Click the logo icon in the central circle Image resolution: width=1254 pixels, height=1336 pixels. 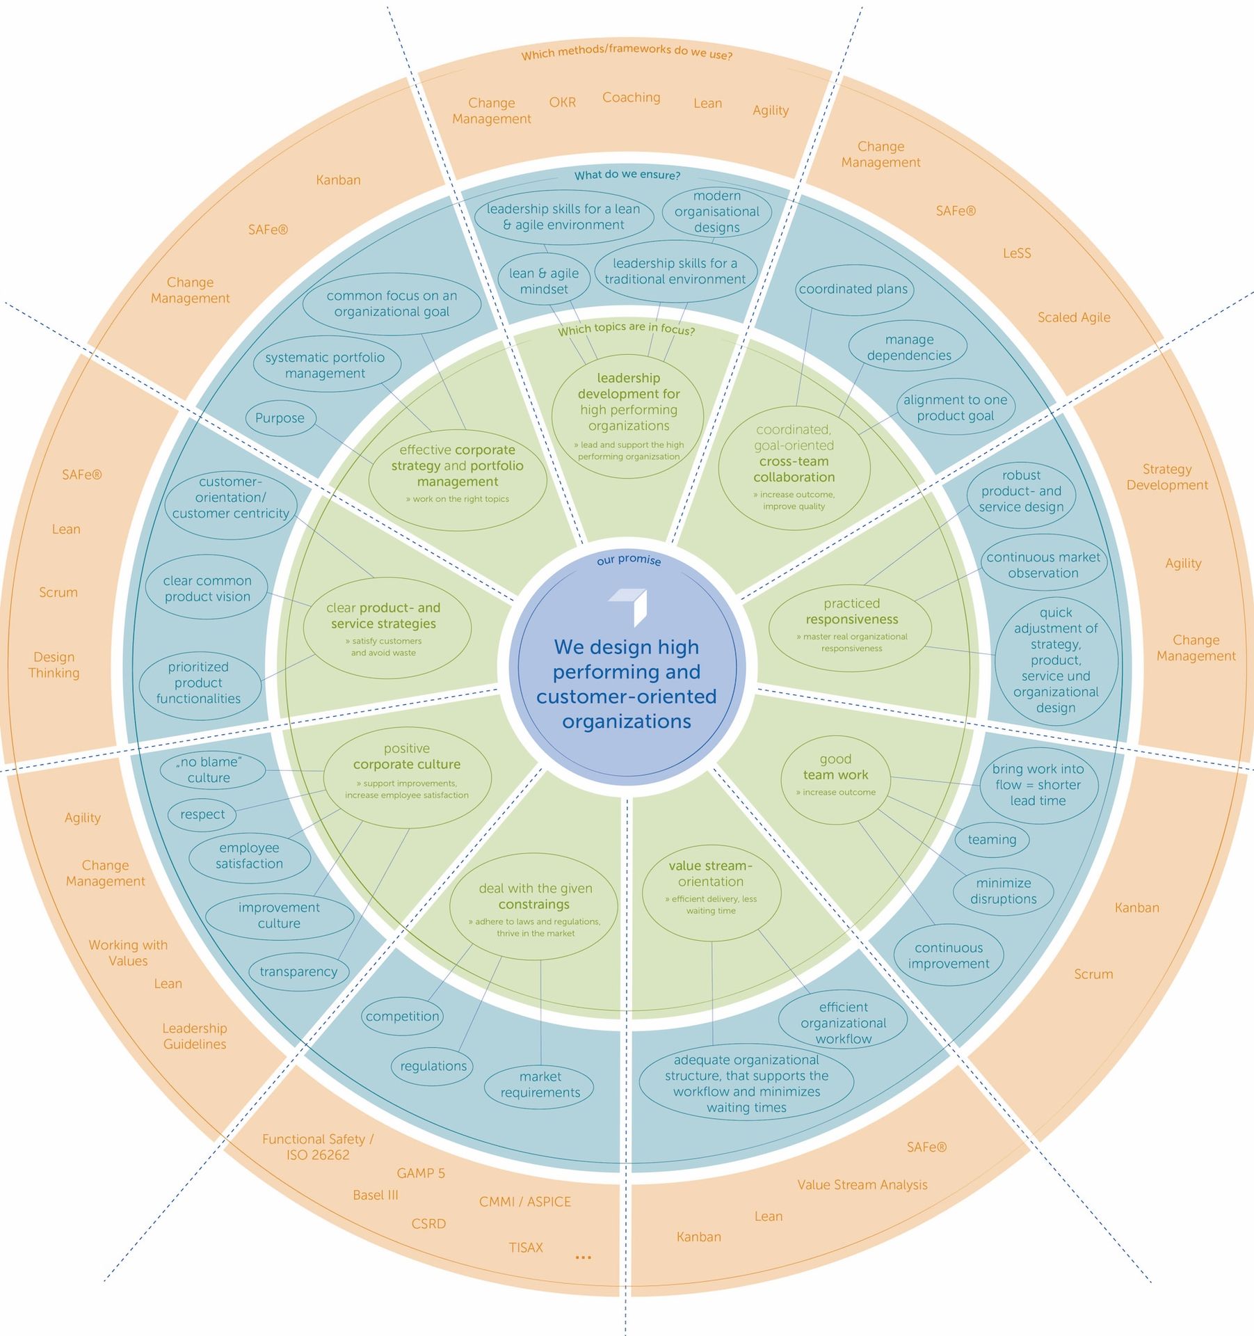coord(629,604)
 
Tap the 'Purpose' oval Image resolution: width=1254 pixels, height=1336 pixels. coord(280,418)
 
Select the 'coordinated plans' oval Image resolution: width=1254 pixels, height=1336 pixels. coord(853,289)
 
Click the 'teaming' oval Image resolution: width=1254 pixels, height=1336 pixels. coord(992,840)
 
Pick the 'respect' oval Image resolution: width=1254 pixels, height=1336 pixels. coord(202,815)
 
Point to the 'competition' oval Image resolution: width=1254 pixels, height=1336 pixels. coord(402,1016)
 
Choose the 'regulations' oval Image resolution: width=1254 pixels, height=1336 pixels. coord(433,1066)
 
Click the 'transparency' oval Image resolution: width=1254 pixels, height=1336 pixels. coord(298,972)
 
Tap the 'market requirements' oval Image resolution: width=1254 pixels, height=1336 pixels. coord(540,1085)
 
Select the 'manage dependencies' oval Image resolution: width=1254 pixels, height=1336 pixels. coord(908,348)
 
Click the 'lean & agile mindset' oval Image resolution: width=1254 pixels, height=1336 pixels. coord(544,281)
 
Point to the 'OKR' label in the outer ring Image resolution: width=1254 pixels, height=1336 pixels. coord(562,102)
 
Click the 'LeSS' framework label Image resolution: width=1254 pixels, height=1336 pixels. coord(1016,253)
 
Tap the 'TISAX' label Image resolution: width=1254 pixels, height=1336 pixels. coord(526,1248)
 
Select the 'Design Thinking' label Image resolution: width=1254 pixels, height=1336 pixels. coord(54,665)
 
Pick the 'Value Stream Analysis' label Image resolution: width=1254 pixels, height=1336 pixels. coord(862,1185)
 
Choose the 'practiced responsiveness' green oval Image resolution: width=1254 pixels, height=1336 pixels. coord(851,626)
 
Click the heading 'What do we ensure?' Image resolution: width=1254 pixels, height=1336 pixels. coord(627,175)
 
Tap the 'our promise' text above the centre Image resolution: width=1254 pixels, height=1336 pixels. coord(629,560)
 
